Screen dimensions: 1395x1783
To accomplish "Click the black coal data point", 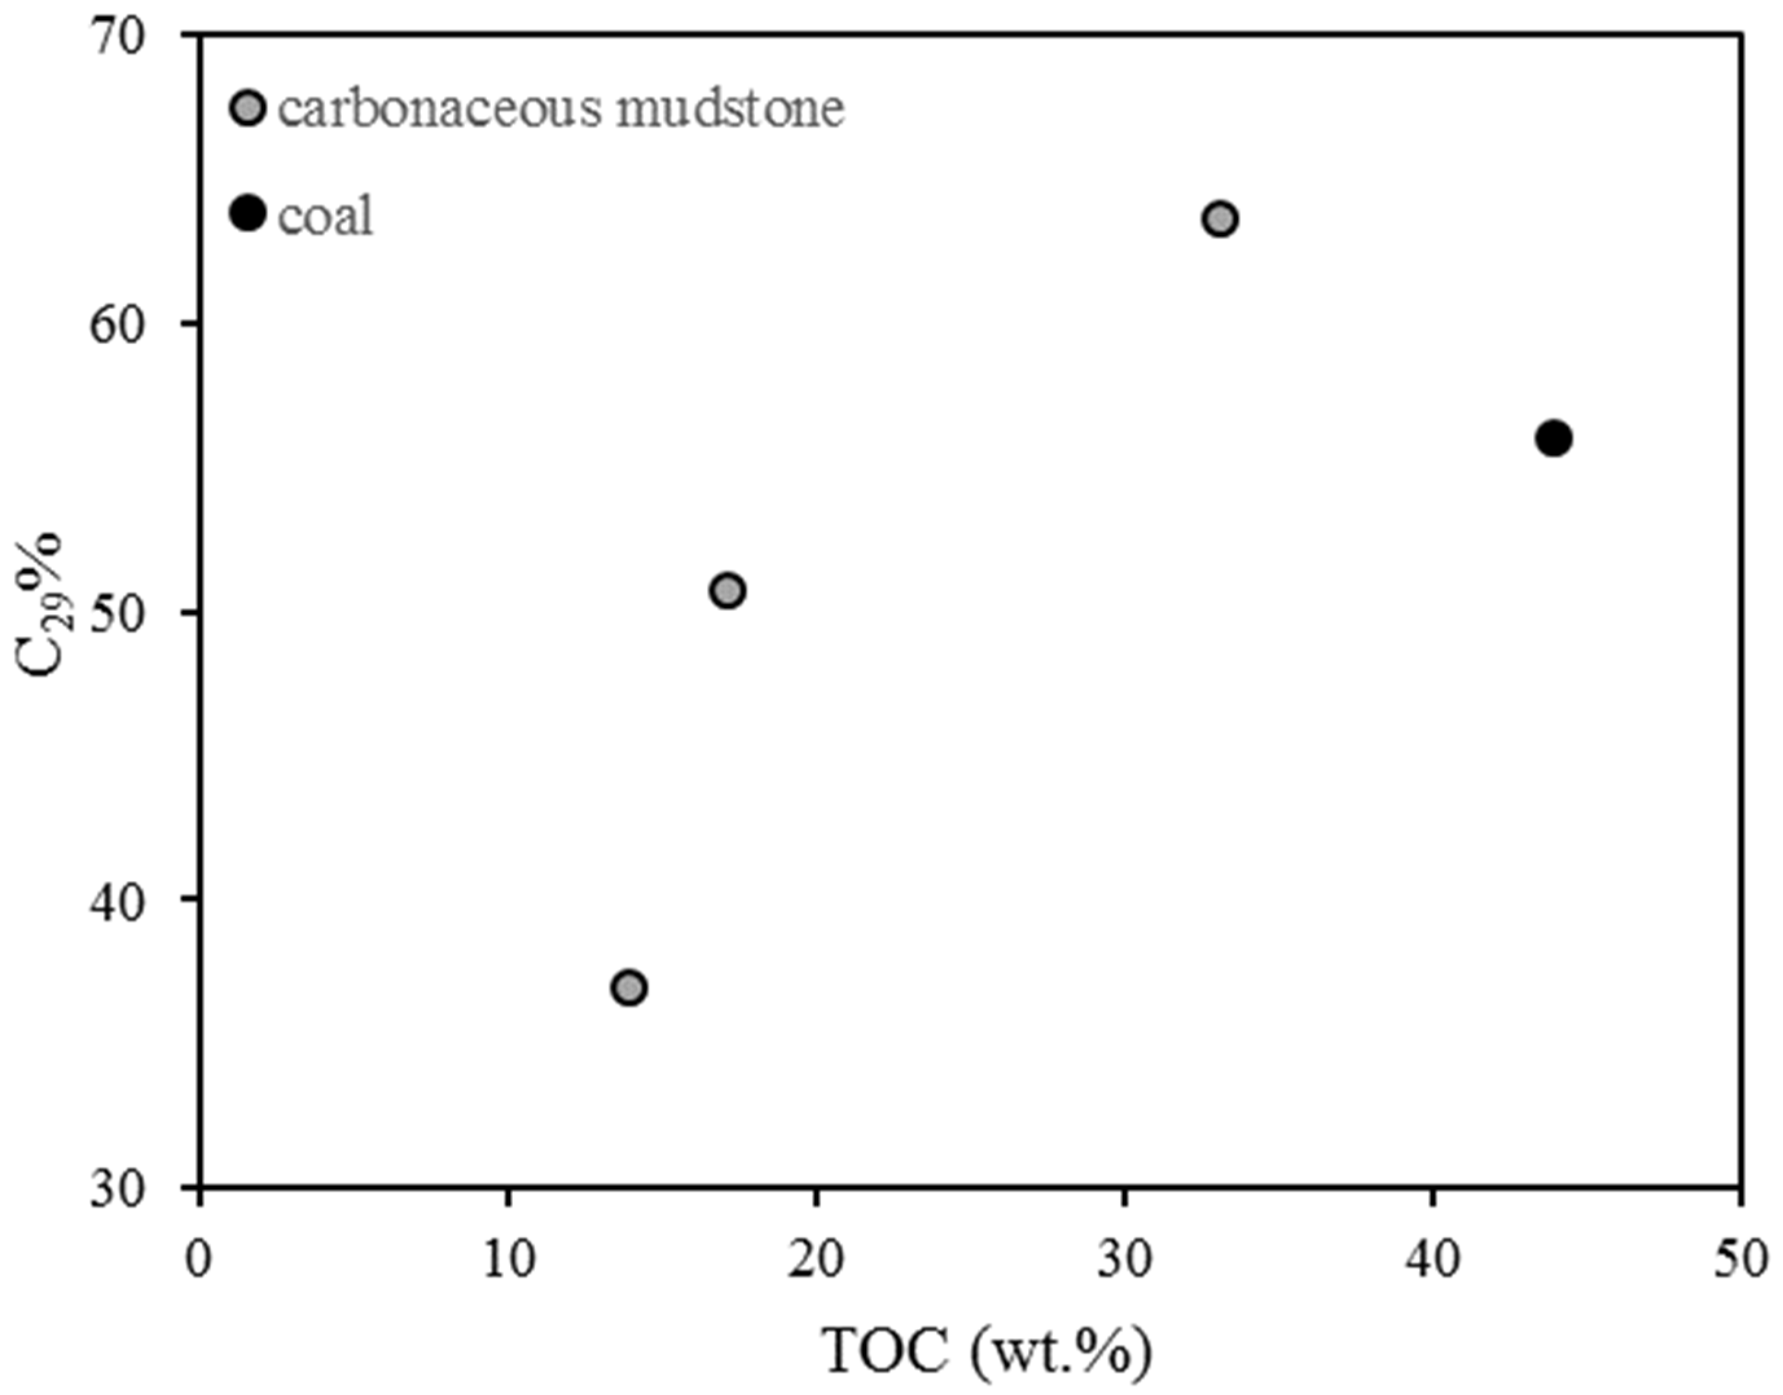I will pyautogui.click(x=1553, y=439).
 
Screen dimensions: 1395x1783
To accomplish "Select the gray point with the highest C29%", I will pyautogui.click(x=1220, y=219).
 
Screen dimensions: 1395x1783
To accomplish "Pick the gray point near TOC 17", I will pyautogui.click(x=728, y=590).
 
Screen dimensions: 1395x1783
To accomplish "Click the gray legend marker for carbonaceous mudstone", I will pyautogui.click(x=247, y=108).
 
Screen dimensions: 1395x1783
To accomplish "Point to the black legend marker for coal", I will pyautogui.click(x=247, y=213).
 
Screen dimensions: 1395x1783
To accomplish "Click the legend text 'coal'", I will pyautogui.click(x=325, y=216).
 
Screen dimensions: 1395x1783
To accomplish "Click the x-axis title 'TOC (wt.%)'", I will pyautogui.click(x=987, y=1352).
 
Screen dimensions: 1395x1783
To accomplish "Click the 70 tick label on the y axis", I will pyautogui.click(x=122, y=38).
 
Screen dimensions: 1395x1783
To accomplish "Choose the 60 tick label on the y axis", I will pyautogui.click(x=122, y=325).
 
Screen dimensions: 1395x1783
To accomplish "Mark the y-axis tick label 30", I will pyautogui.click(x=122, y=1189).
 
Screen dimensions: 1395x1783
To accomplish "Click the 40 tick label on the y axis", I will pyautogui.click(x=122, y=899).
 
